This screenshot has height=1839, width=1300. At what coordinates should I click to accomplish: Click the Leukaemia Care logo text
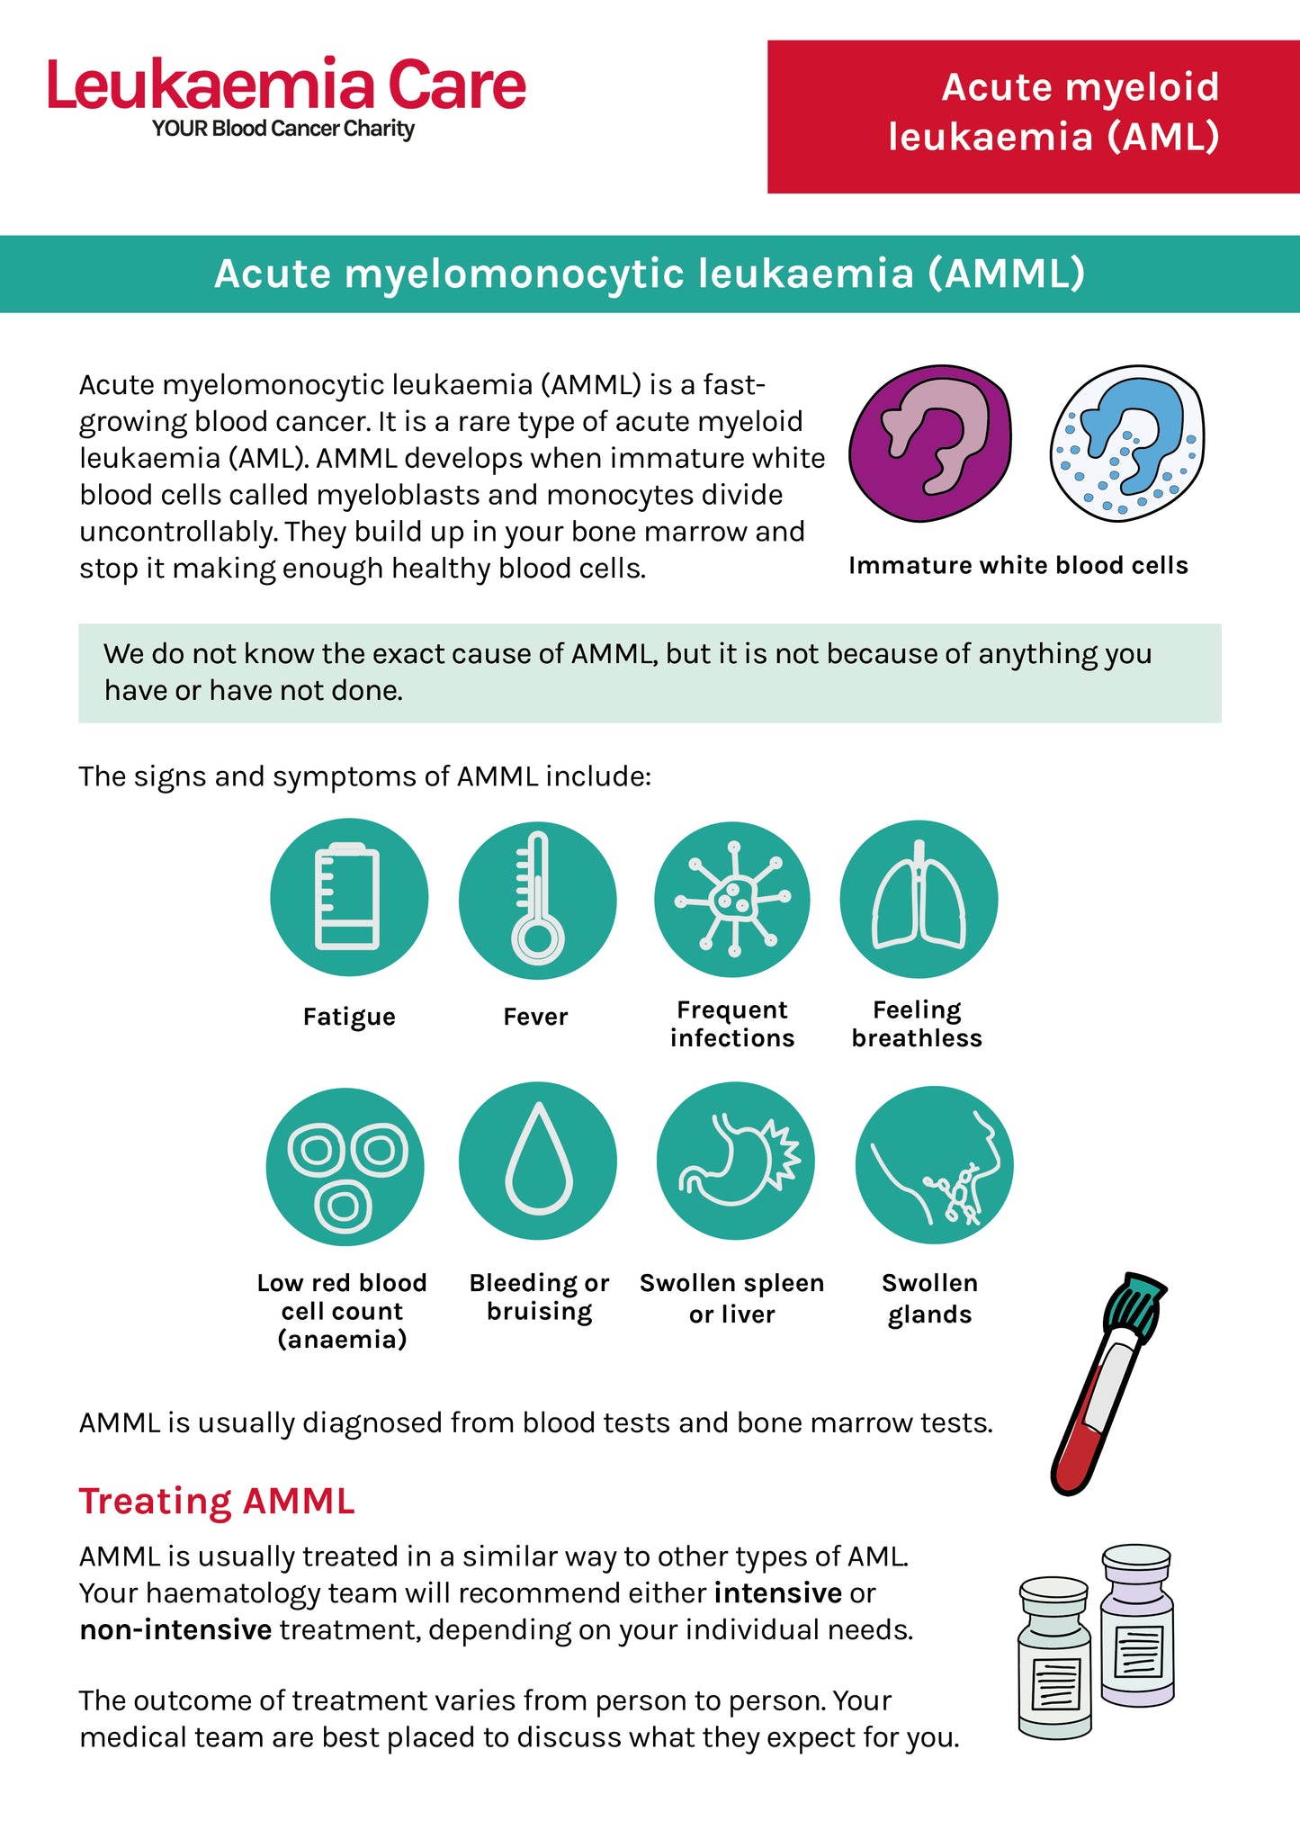[x=286, y=85]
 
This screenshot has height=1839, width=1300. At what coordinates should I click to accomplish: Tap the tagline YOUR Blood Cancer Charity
[x=283, y=129]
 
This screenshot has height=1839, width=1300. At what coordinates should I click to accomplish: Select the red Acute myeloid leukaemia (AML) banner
[x=1033, y=116]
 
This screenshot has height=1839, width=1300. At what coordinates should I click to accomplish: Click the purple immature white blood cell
[x=929, y=443]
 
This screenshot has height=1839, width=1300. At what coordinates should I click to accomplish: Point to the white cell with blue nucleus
[x=1126, y=443]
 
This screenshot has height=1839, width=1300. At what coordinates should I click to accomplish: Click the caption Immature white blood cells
[x=1018, y=565]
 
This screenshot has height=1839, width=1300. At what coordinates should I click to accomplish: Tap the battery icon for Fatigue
[x=348, y=897]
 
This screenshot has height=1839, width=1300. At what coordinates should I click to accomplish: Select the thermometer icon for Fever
[x=537, y=899]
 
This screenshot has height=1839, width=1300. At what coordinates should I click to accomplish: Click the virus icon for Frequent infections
[x=732, y=899]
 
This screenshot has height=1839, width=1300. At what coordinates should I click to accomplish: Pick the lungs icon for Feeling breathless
[x=919, y=899]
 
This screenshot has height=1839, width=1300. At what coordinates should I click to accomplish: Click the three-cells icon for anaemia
[x=345, y=1167]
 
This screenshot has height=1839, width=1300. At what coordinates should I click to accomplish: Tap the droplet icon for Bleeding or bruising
[x=538, y=1161]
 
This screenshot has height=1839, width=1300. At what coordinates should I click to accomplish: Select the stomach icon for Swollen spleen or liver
[x=735, y=1161]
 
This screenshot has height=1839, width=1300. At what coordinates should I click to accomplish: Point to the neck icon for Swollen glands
[x=934, y=1166]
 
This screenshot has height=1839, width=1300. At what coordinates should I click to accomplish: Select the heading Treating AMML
[x=217, y=1502]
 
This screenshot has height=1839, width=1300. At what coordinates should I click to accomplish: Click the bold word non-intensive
[x=175, y=1630]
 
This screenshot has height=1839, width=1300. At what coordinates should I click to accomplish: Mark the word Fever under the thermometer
[x=535, y=1017]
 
